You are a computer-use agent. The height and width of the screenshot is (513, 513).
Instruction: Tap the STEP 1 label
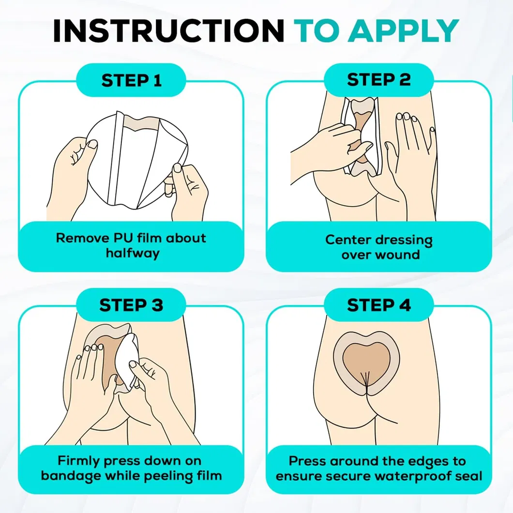click(x=131, y=80)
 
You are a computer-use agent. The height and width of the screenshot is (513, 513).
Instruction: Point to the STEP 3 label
click(x=131, y=305)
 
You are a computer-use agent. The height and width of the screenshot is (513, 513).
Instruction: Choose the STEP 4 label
click(x=379, y=305)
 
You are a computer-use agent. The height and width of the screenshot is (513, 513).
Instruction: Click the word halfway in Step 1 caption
click(x=133, y=253)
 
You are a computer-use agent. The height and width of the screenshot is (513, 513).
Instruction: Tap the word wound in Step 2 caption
click(x=395, y=255)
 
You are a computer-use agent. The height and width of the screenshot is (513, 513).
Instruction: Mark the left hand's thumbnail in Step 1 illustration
click(x=92, y=144)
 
